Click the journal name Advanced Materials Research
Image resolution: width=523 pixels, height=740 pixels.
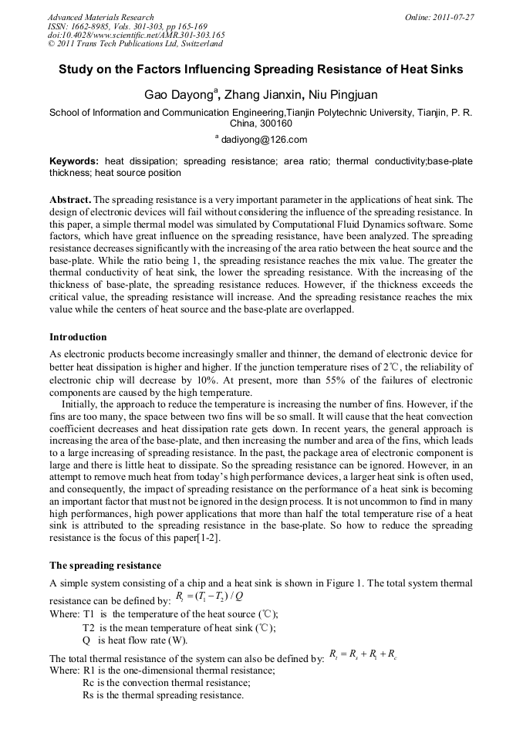pos(101,17)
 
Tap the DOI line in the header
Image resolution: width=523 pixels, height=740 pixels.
pos(136,35)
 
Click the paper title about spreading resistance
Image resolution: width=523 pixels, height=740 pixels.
pos(261,69)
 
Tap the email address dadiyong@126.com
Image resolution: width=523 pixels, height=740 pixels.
pos(265,140)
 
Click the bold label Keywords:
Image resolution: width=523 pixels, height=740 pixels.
pos(74,161)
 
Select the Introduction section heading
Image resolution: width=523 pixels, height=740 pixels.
pos(78,337)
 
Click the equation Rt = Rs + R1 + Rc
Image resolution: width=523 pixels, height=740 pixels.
pos(362,654)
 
